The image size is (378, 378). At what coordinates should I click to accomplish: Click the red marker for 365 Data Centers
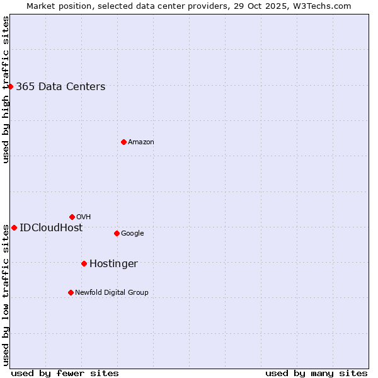click(11, 86)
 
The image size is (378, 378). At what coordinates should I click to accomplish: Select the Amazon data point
click(123, 142)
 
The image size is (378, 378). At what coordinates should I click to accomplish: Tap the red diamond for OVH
click(72, 217)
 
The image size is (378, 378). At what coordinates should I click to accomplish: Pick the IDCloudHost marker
click(14, 227)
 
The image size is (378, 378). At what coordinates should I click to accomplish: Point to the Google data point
click(117, 233)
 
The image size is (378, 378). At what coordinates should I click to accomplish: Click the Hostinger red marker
click(84, 263)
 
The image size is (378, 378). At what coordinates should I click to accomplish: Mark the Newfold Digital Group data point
click(71, 292)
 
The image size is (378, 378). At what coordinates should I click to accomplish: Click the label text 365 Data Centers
click(60, 87)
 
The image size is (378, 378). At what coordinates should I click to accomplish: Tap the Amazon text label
click(141, 142)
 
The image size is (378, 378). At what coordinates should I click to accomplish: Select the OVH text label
click(84, 217)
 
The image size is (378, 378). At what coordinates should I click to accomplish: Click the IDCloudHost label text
click(51, 228)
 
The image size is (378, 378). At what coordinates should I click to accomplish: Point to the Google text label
click(132, 234)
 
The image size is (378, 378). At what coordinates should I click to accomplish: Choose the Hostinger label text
click(113, 264)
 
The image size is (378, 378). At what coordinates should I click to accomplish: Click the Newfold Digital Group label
click(112, 293)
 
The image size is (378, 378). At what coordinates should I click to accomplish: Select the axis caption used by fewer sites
click(65, 373)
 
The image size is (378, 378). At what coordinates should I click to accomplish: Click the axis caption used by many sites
click(316, 373)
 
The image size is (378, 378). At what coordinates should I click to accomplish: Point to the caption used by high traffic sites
click(6, 89)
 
